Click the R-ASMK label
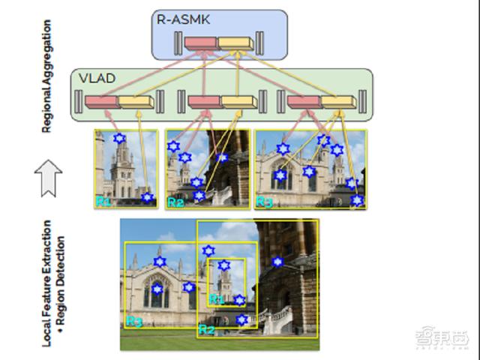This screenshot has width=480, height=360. pyautogui.click(x=178, y=19)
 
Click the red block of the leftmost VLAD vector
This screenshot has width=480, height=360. pyautogui.click(x=101, y=100)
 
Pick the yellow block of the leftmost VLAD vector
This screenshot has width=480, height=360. pyautogui.click(x=134, y=100)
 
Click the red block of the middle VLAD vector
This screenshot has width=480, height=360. pyautogui.click(x=202, y=100)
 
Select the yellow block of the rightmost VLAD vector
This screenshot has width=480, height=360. pyautogui.click(x=337, y=100)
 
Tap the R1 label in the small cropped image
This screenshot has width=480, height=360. pyautogui.click(x=103, y=201)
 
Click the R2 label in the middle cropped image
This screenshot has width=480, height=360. pyautogui.click(x=175, y=202)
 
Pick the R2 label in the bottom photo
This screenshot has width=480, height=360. pyautogui.click(x=206, y=329)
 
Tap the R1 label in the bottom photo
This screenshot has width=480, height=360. pyautogui.click(x=216, y=299)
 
